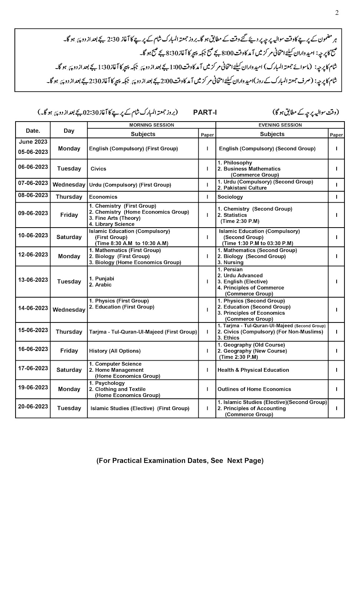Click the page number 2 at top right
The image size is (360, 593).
point(337,13)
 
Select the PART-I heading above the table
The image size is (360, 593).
point(205,112)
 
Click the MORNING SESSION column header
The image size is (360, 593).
point(151,125)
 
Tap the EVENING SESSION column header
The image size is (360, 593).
point(280,125)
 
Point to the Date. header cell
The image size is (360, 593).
point(33,130)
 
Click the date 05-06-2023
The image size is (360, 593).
point(33,152)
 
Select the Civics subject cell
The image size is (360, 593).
point(98,169)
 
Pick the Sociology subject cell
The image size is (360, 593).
point(230,197)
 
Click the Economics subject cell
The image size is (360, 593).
point(103,197)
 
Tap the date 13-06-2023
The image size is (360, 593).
point(33,280)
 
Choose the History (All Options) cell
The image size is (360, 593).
point(115,351)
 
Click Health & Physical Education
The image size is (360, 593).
point(253,370)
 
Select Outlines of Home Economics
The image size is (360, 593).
point(254,389)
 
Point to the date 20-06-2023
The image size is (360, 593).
point(33,406)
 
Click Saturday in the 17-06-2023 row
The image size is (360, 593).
point(69,370)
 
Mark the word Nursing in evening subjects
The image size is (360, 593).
point(234,262)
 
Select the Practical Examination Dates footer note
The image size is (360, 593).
point(180,461)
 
